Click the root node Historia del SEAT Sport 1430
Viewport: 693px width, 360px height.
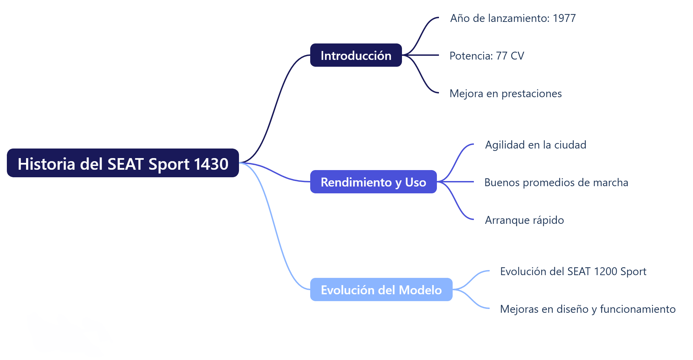[123, 163]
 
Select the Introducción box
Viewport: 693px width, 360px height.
[356, 55]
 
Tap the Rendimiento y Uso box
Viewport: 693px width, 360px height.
[373, 182]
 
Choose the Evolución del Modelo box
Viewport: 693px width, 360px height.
[381, 290]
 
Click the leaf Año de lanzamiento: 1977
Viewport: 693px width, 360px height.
[513, 18]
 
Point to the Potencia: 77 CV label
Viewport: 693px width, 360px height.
[487, 56]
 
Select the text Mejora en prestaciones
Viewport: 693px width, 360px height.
[505, 93]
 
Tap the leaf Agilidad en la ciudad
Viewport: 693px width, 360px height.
[535, 145]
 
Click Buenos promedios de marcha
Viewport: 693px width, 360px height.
[556, 182]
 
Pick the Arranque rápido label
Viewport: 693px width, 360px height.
[524, 220]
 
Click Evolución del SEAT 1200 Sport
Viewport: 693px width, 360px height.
[573, 271]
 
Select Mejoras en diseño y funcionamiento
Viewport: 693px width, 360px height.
[588, 309]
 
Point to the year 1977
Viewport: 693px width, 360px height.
[564, 18]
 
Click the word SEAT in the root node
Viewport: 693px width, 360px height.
[125, 164]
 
